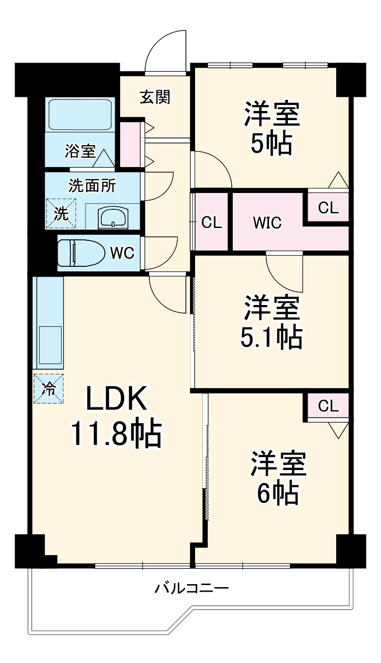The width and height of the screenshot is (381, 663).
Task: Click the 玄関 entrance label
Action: [x=155, y=97]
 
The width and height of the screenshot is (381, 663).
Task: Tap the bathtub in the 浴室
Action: [x=80, y=115]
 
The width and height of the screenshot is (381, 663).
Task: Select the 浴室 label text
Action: [x=80, y=151]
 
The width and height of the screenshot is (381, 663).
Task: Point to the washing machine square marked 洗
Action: [x=61, y=213]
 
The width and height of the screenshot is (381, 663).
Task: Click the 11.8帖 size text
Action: [x=116, y=433]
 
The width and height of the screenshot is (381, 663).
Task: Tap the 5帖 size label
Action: [x=271, y=144]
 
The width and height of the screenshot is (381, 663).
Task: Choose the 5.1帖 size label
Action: [x=271, y=337]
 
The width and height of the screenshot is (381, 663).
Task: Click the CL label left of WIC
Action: [x=211, y=223]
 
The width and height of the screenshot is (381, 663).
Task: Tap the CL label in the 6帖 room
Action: [x=329, y=405]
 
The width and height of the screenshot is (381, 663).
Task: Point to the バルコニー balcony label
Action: [x=192, y=589]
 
